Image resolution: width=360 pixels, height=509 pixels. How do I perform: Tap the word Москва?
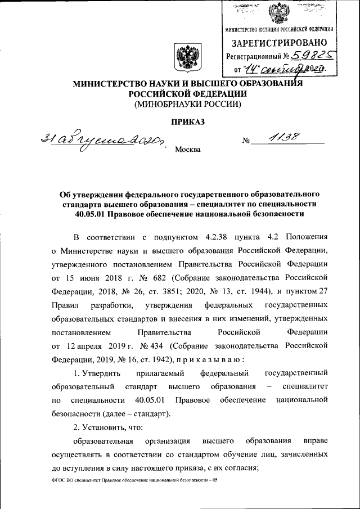tap(187, 150)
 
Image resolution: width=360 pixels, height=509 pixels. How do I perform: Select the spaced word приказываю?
tap(211, 359)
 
